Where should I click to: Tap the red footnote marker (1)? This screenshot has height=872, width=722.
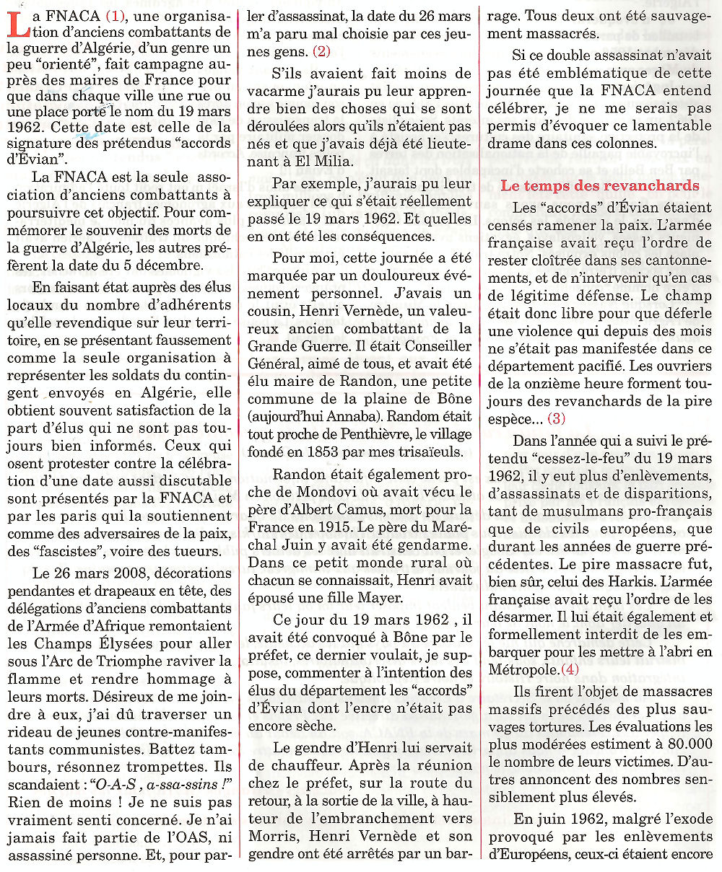(x=117, y=15)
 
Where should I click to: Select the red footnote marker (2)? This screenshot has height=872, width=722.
(x=321, y=50)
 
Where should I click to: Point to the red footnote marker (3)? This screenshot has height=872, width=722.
(x=557, y=418)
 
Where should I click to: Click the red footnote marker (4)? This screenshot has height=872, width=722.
(x=570, y=670)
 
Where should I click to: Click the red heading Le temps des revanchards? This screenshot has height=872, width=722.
(x=600, y=185)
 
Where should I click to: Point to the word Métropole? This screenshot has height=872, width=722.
(x=522, y=670)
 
